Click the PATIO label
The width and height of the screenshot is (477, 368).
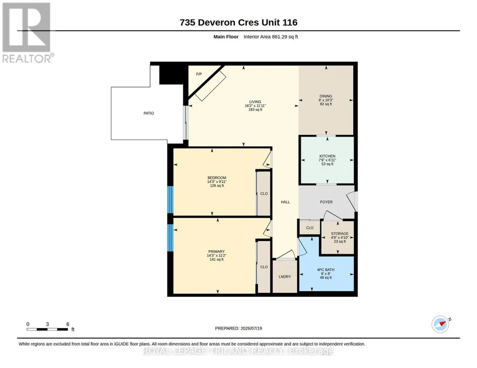149,113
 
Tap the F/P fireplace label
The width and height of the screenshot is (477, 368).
199,74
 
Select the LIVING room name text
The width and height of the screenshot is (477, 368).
255,102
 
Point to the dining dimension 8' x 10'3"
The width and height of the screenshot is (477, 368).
326,100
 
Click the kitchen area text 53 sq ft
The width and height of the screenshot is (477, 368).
327,164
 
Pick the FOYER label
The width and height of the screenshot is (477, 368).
326,202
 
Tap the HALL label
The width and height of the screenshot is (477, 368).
285,202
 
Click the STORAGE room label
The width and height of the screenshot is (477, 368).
340,234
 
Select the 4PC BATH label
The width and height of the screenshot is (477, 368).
325,269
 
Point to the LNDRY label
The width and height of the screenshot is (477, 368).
285,276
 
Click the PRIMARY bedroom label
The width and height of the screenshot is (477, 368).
216,252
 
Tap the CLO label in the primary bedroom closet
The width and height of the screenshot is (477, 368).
264,267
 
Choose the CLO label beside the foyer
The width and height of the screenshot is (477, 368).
309,228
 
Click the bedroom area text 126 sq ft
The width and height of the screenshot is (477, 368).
217,185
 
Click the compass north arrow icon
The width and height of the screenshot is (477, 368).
441,324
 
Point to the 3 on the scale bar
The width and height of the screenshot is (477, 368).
47,324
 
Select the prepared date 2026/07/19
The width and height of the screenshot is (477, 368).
251,328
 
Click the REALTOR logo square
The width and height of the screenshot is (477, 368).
26,27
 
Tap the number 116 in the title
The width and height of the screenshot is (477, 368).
290,22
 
